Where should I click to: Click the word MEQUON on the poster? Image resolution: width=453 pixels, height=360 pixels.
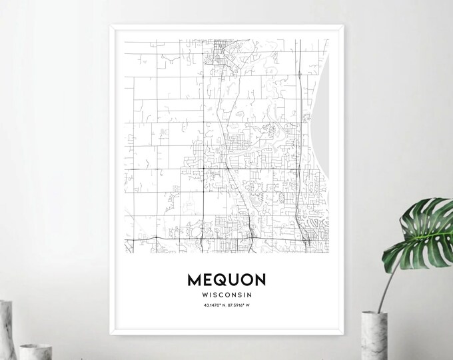tap(226, 278)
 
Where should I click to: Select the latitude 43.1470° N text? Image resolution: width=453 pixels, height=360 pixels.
tap(213, 306)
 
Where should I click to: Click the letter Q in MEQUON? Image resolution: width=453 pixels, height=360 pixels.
tap(219, 278)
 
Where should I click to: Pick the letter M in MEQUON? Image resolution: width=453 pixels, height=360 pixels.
tap(195, 278)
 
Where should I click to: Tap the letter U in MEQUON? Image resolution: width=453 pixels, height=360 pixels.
tap(230, 278)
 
